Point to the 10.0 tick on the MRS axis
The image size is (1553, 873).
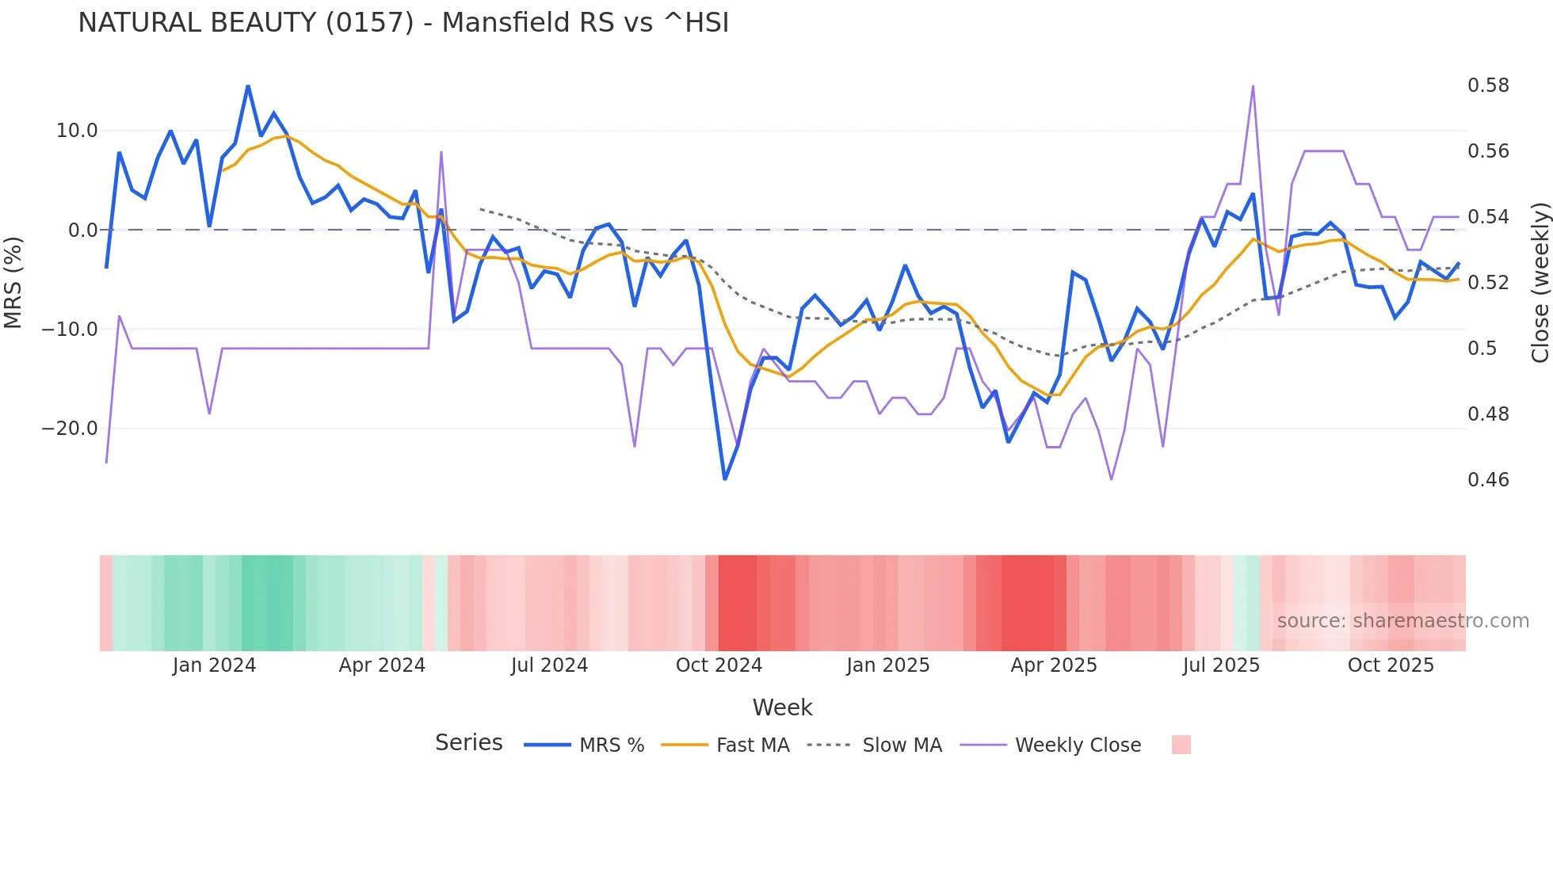tap(77, 131)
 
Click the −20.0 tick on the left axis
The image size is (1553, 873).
tap(70, 429)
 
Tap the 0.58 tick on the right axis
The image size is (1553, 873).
tap(1488, 86)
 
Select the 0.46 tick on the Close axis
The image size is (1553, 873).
tap(1488, 480)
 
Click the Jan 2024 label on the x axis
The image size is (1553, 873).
tap(214, 665)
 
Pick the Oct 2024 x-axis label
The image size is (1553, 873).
tap(719, 665)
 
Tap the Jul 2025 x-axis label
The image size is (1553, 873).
tap(1221, 665)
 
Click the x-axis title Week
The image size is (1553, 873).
tap(782, 707)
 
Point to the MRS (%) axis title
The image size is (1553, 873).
tap(13, 282)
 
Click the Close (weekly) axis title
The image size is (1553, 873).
tap(1540, 282)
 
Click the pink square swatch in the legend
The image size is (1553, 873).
tap(1181, 745)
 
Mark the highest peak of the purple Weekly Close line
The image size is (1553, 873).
tap(1253, 86)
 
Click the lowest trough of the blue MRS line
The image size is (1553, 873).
tap(725, 478)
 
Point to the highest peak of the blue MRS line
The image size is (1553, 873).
tap(248, 86)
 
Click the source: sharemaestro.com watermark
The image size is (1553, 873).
tap(1402, 621)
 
